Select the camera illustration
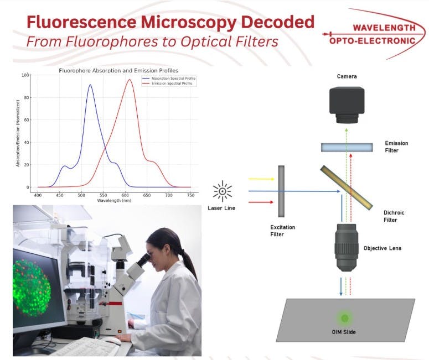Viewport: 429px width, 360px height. click(x=347, y=105)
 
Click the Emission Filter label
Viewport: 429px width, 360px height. click(x=396, y=146)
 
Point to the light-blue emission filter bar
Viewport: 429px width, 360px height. click(x=347, y=147)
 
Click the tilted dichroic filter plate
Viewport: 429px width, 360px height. click(x=346, y=185)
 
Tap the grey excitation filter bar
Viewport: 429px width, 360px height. click(x=281, y=191)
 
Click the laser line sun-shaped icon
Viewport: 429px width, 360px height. click(x=223, y=191)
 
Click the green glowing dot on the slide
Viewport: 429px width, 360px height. click(x=345, y=317)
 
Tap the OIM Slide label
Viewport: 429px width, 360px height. click(x=345, y=332)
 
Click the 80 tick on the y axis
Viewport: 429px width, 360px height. click(x=27, y=97)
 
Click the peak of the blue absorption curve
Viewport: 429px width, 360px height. click(x=90, y=85)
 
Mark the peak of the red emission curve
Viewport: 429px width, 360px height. click(x=130, y=80)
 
